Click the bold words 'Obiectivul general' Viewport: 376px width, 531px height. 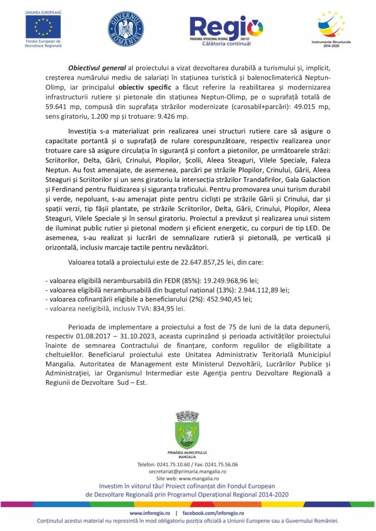pyautogui.click(x=97, y=68)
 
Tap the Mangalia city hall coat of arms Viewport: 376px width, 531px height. pyautogui.click(x=187, y=430)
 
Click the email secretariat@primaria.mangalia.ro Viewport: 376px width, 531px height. pyautogui.click(x=187, y=472)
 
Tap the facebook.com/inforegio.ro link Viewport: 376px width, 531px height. pyautogui.click(x=214, y=513)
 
